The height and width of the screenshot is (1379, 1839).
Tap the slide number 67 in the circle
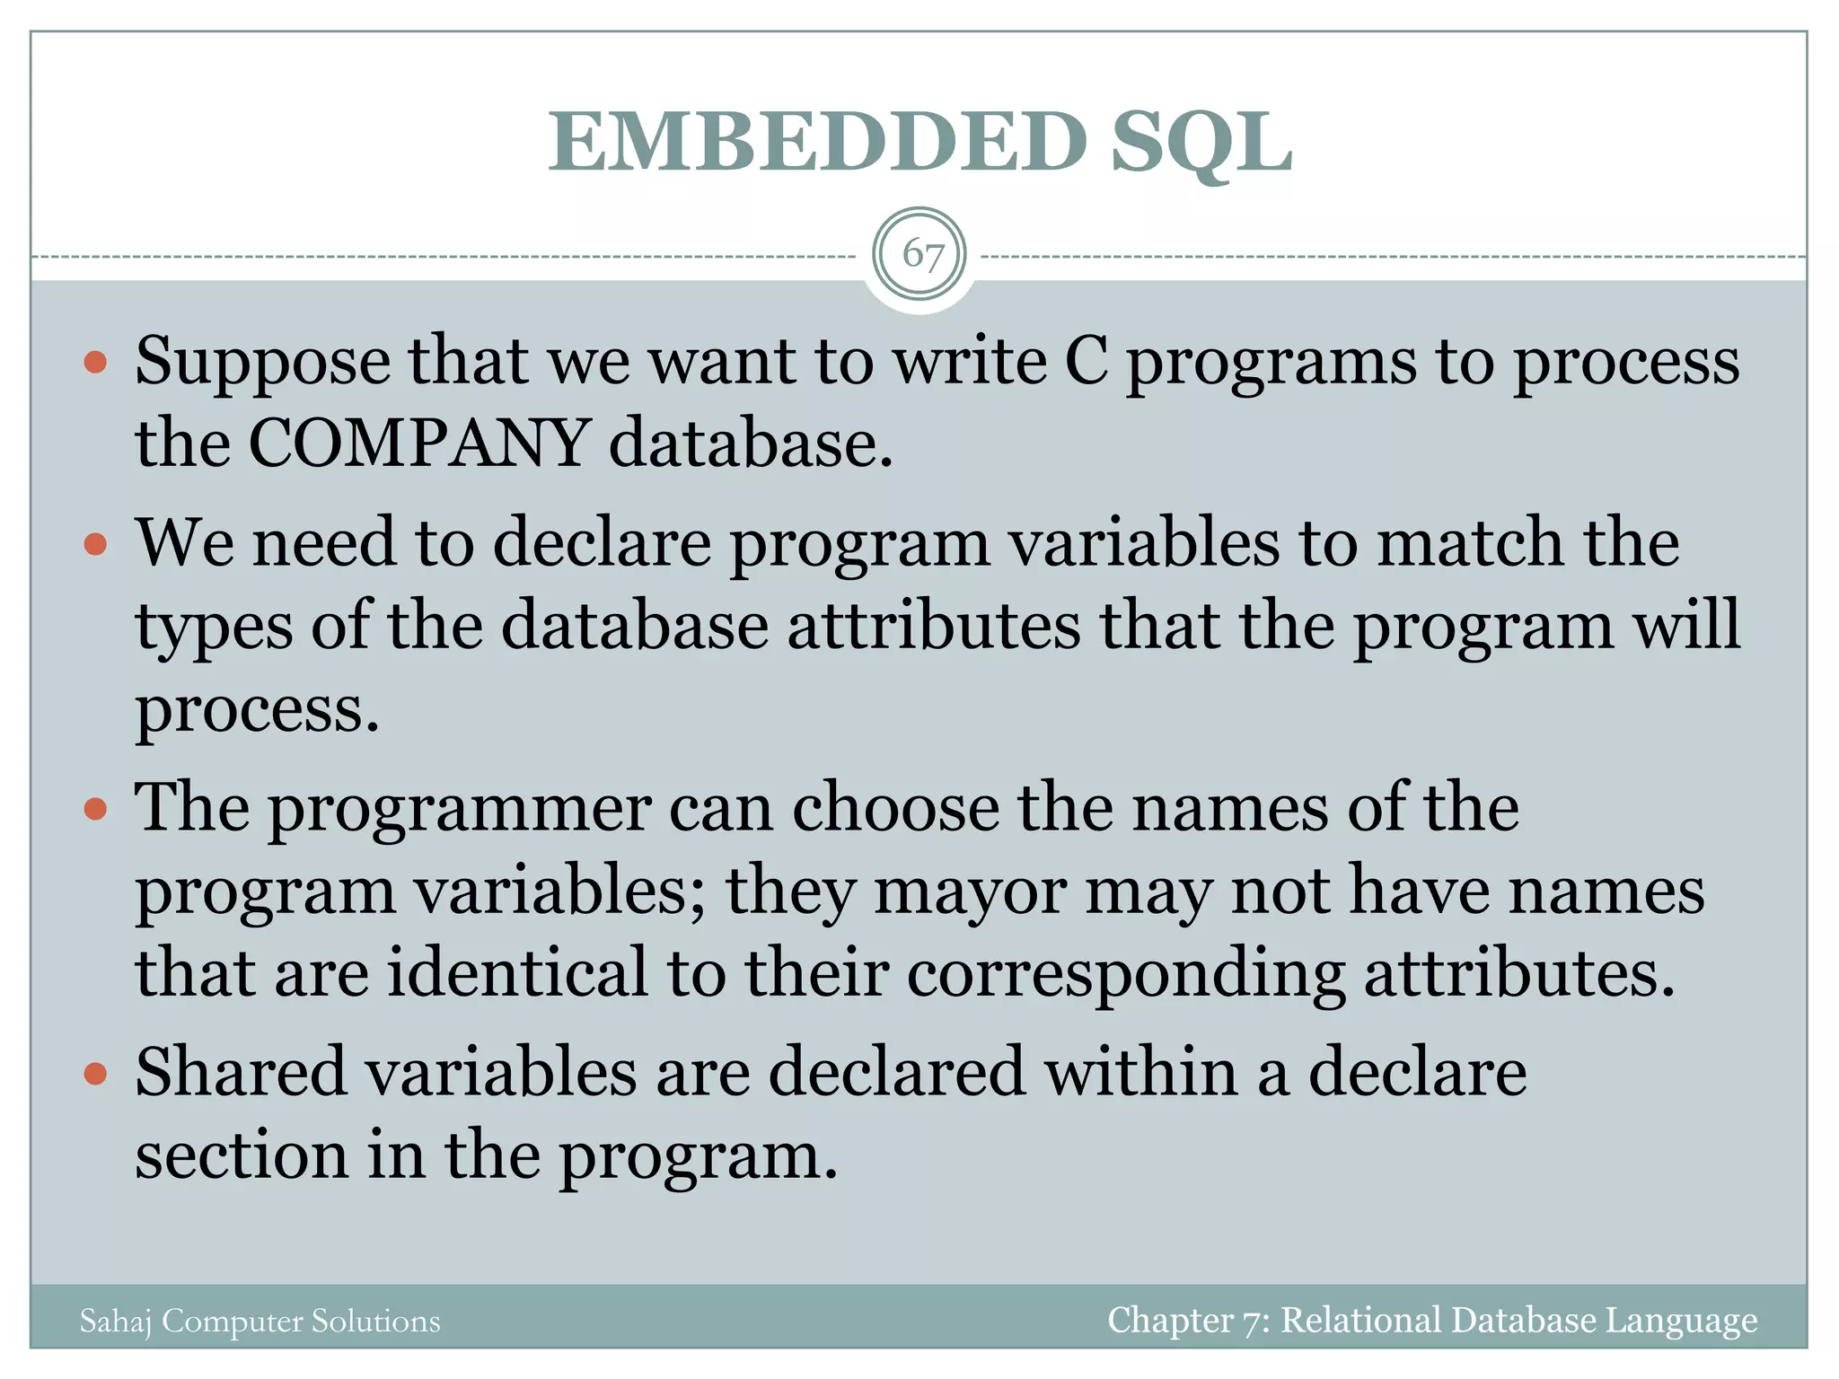(920, 255)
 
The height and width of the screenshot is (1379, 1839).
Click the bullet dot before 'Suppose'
(95, 364)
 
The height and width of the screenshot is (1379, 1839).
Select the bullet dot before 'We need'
(95, 544)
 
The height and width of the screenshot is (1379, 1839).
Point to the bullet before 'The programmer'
(95, 809)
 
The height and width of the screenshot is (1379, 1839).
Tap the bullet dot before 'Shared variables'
(95, 1073)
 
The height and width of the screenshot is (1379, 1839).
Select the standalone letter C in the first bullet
(1086, 361)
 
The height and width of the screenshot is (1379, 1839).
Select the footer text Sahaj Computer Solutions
(260, 1321)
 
